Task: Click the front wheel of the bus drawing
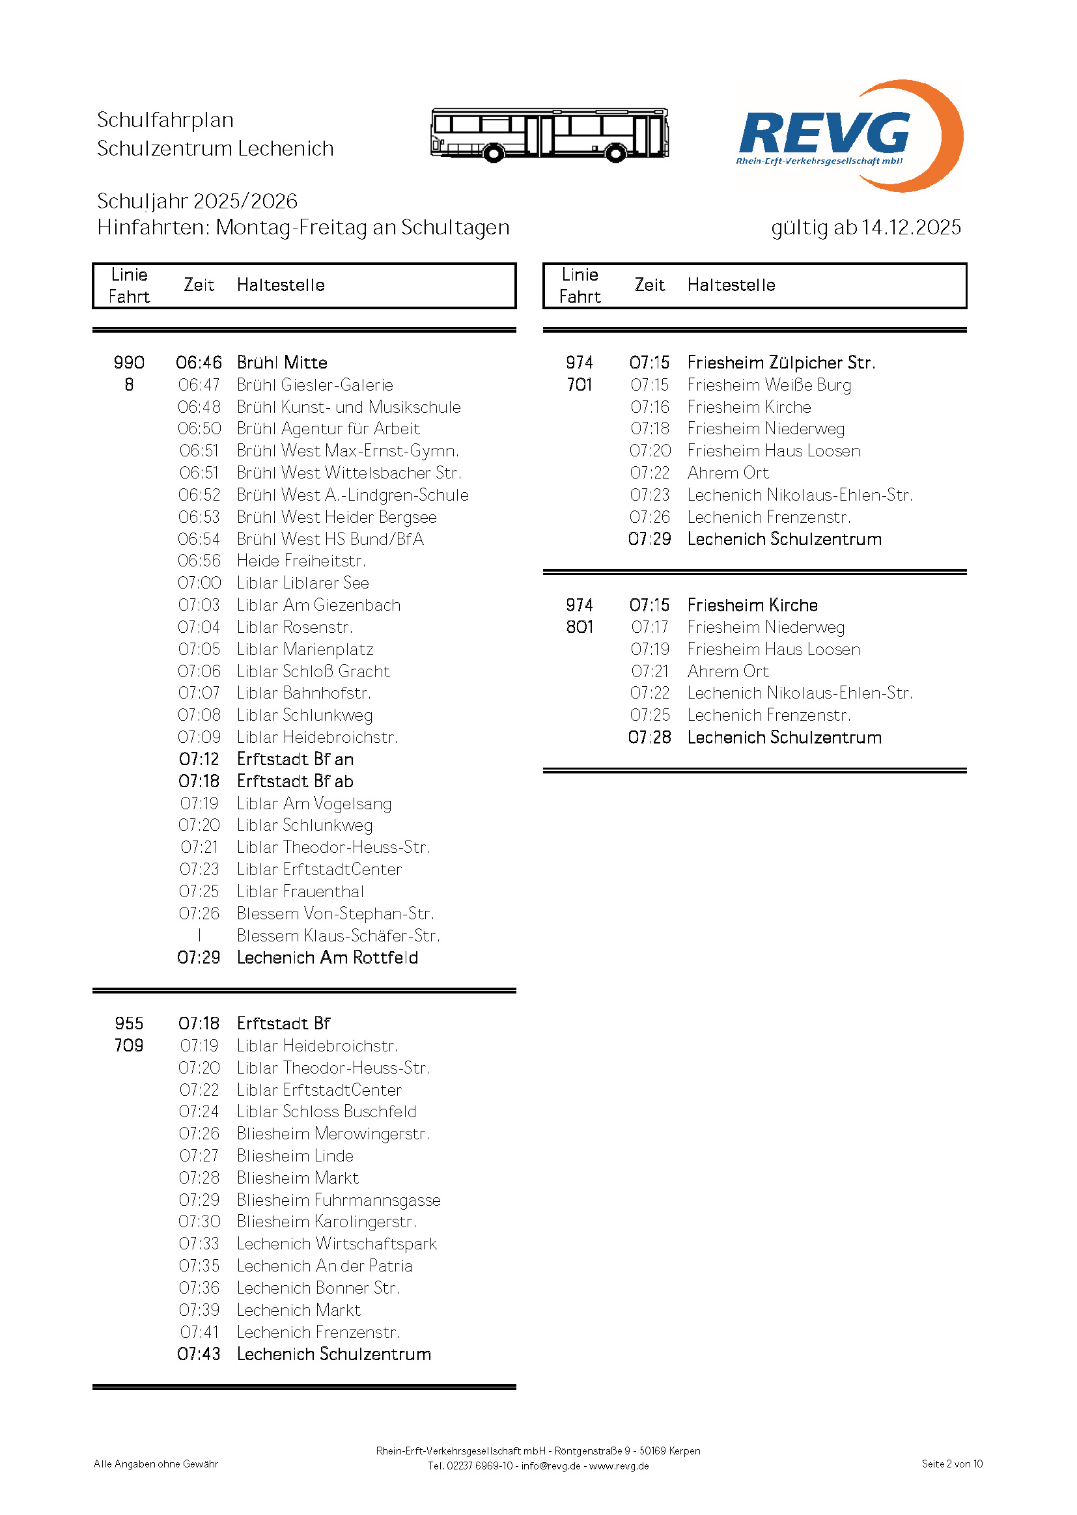pos(493,154)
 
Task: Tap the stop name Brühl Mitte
pos(282,363)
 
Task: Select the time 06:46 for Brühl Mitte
pos(199,363)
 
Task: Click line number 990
pos(129,363)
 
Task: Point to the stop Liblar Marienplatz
pos(305,649)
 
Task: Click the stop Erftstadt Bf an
pos(295,759)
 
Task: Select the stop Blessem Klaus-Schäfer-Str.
pos(338,936)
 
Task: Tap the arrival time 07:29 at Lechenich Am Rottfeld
pos(199,958)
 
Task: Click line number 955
pos(129,1023)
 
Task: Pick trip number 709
pos(129,1046)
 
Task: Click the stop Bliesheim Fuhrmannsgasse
pos(338,1200)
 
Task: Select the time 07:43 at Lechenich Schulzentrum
pos(199,1354)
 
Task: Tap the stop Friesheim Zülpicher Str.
pos(781,363)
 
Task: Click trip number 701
pos(579,385)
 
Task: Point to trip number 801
pos(579,627)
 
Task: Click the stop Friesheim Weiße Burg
pos(769,385)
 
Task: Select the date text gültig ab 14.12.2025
pos(865,227)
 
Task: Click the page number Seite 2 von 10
pos(952,1464)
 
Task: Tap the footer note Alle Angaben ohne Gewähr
pos(156,1464)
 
